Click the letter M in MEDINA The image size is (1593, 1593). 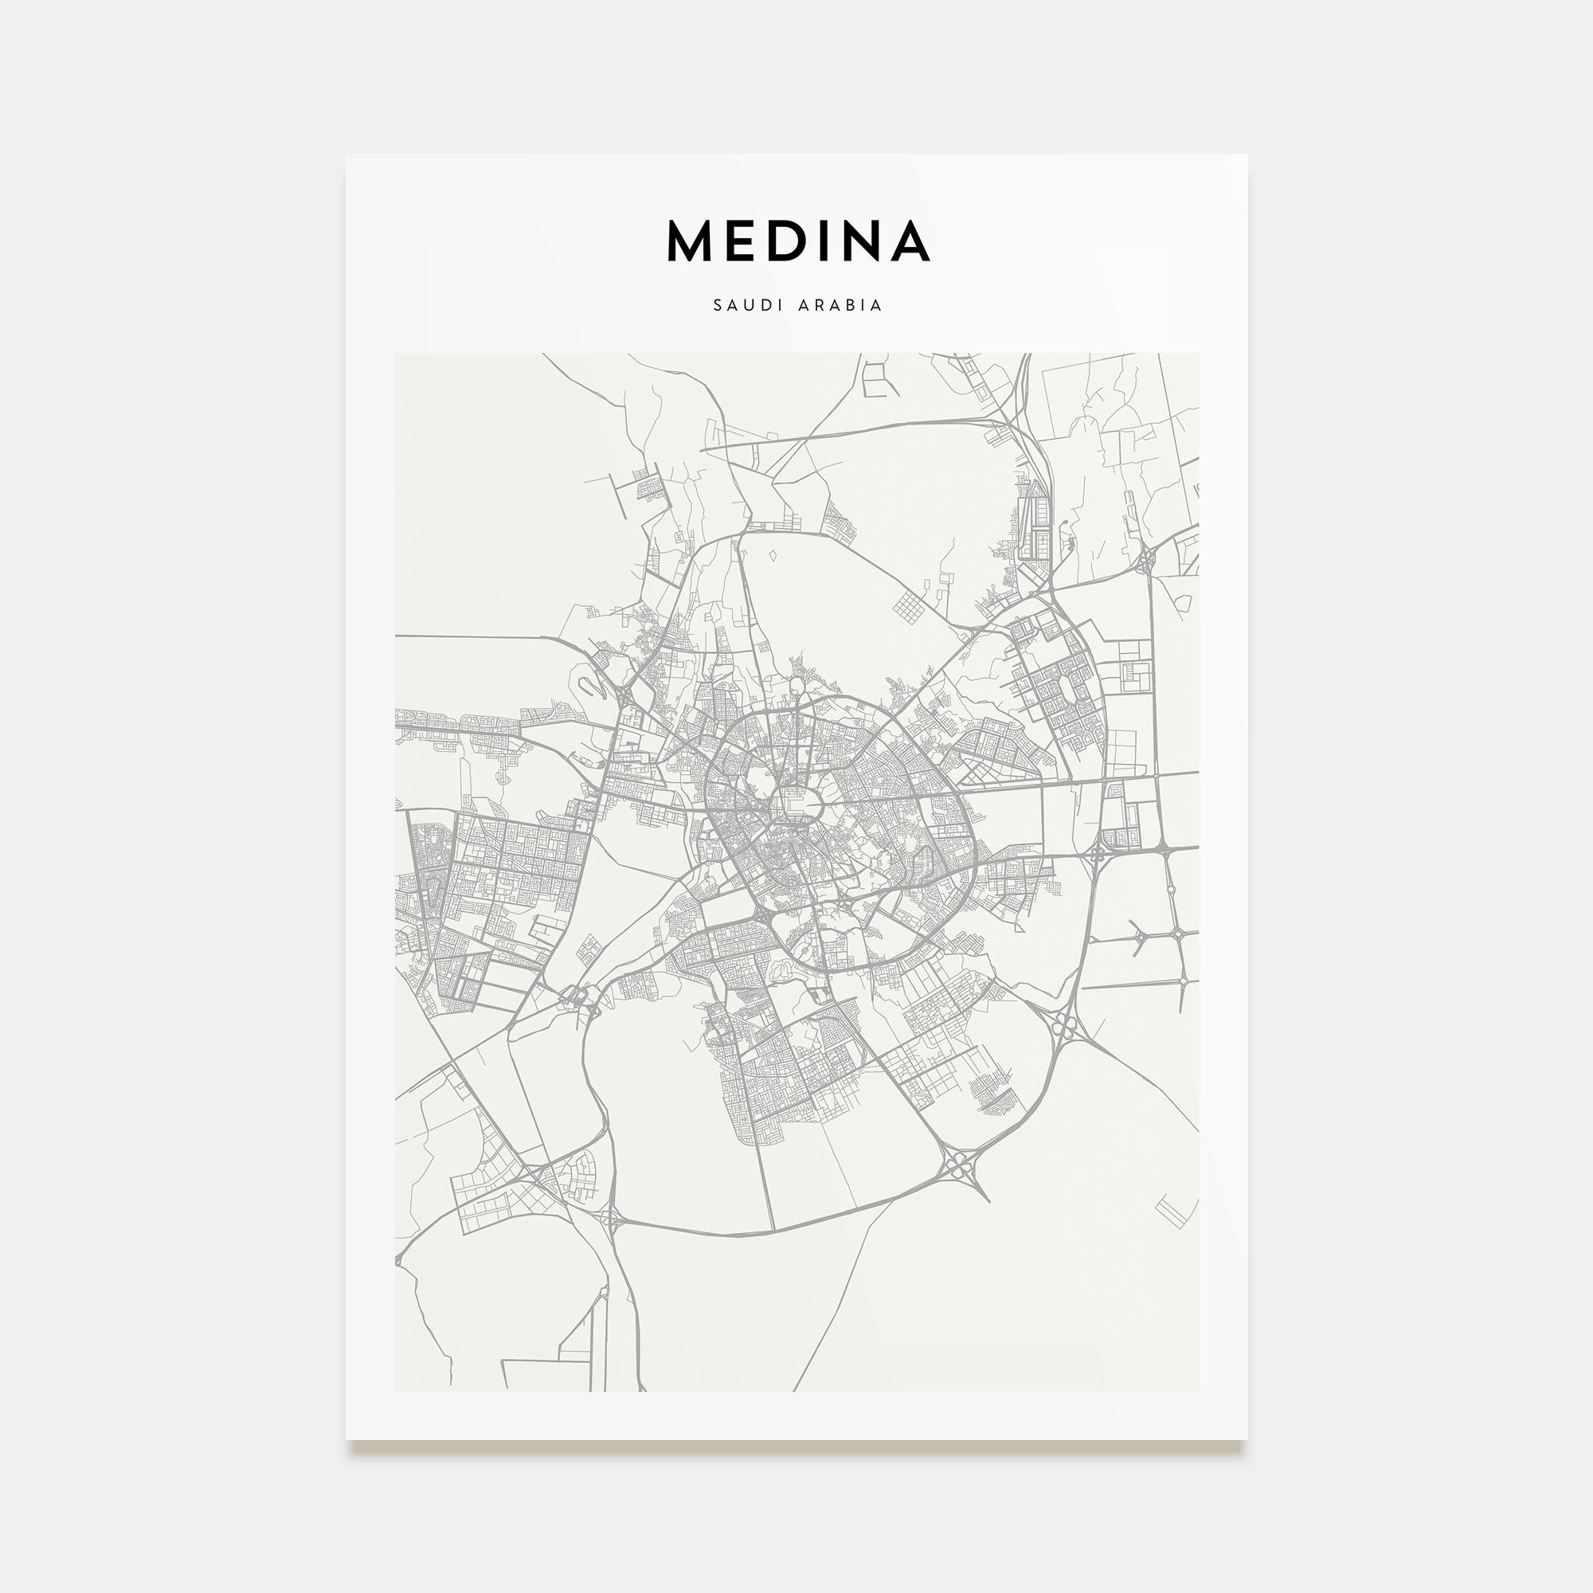(x=689, y=241)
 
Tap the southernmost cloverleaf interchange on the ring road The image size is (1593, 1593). (x=959, y=1166)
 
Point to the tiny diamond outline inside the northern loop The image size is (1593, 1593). (x=773, y=556)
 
